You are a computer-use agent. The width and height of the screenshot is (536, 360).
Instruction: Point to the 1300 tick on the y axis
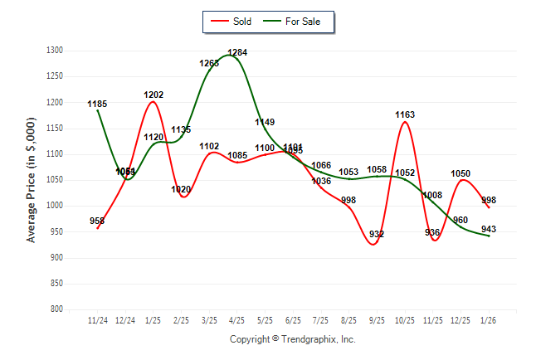(55, 51)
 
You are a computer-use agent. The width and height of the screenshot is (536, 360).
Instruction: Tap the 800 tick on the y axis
(57, 309)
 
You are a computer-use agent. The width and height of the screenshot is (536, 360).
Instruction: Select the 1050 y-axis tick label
(55, 180)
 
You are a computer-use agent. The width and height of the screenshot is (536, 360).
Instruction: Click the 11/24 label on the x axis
(98, 320)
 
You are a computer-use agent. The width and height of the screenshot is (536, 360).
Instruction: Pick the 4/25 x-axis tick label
(237, 320)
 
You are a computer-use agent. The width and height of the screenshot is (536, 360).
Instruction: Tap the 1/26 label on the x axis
(489, 320)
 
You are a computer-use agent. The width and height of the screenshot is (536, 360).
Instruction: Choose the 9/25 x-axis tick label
(377, 320)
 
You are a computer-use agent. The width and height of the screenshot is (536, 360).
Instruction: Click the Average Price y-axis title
(32, 180)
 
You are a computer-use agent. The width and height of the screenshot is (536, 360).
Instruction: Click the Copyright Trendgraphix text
(292, 339)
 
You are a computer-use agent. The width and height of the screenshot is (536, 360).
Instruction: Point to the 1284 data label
(237, 52)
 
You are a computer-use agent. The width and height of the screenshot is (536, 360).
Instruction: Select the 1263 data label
(209, 63)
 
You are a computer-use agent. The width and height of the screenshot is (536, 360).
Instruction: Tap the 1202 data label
(153, 95)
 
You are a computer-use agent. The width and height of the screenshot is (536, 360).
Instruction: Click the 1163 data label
(405, 114)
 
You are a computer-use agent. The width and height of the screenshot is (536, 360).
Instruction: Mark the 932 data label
(377, 234)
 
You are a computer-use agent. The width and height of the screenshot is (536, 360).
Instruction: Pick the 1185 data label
(98, 104)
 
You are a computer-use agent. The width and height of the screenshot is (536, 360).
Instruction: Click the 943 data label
(489, 228)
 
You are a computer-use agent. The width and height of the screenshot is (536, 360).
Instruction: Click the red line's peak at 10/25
(405, 122)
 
